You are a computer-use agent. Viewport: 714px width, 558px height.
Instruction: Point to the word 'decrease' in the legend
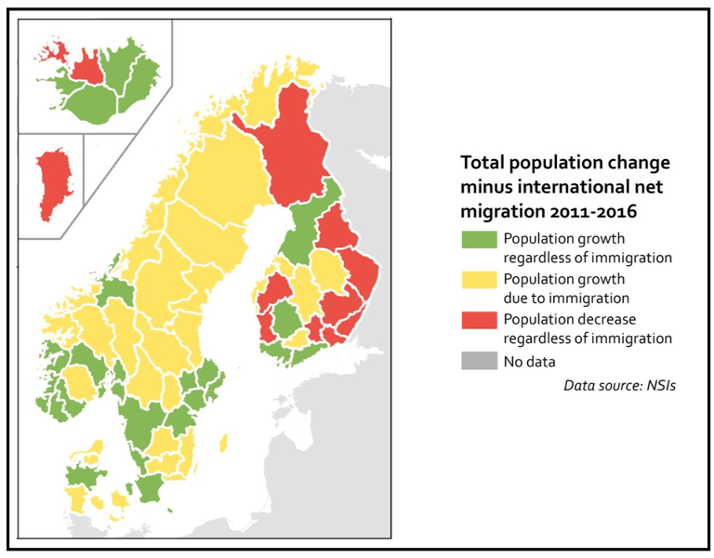602,319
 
